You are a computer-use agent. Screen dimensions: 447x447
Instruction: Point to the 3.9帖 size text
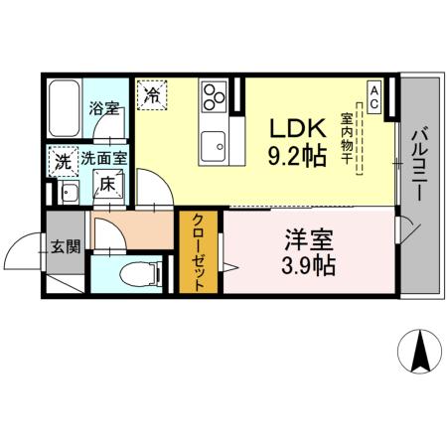[x=309, y=265]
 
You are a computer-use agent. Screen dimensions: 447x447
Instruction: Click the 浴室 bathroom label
[x=104, y=108]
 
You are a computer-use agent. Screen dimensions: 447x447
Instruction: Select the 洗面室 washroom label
[x=104, y=157]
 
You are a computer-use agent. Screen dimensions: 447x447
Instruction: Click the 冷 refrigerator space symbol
[x=152, y=95]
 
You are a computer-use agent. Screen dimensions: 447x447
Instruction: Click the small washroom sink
[x=67, y=192]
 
